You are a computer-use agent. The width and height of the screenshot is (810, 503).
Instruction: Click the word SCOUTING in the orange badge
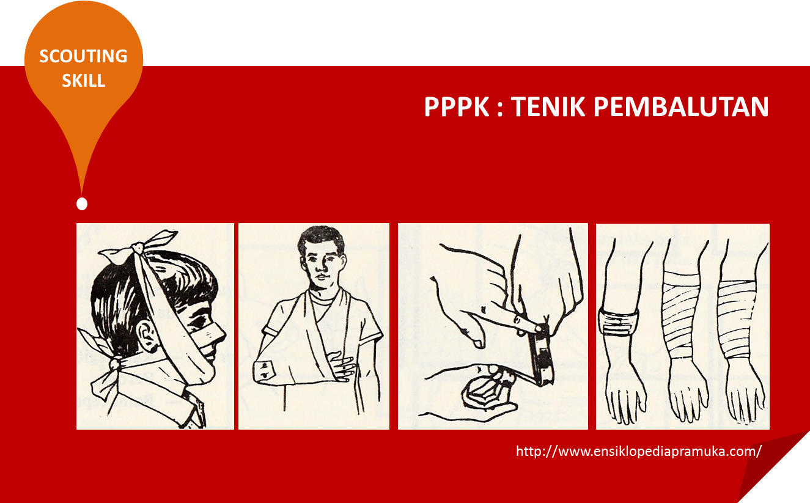(83, 56)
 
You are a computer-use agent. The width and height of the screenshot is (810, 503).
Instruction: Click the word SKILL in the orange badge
(83, 80)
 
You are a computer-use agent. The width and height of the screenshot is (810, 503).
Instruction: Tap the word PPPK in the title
(457, 108)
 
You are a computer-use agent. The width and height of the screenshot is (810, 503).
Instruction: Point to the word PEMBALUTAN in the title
(681, 108)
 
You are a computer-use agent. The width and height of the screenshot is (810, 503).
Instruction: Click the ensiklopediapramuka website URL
(639, 452)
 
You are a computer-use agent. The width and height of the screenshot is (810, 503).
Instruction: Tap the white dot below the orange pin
(82, 204)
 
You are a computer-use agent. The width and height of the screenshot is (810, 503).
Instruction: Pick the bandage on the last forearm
(740, 318)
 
